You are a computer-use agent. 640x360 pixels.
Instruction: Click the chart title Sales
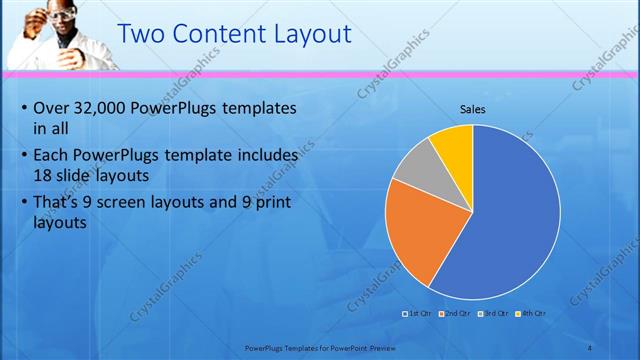click(x=473, y=109)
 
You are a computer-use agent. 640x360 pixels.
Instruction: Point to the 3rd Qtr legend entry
click(x=493, y=313)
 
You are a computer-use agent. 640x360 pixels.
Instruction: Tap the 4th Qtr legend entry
click(x=530, y=313)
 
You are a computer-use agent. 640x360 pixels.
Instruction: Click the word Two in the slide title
click(x=141, y=35)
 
